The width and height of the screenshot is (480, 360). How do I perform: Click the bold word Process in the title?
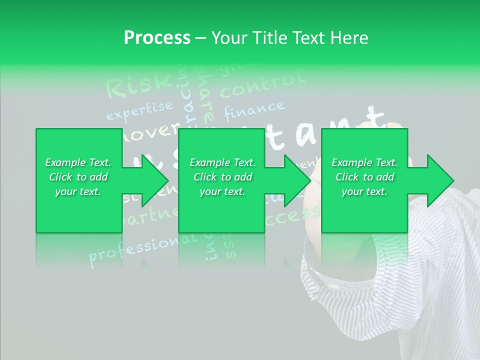point(157,38)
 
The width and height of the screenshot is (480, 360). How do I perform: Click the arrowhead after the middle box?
point(297,180)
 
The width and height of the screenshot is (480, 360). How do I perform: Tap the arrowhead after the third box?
point(440,180)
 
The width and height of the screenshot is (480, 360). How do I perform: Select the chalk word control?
point(262,85)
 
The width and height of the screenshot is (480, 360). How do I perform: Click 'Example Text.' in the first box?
point(78,162)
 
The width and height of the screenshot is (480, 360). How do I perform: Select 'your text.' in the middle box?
point(222,191)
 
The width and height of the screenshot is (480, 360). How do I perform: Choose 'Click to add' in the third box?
point(364,177)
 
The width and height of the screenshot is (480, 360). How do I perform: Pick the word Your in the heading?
point(228,38)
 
